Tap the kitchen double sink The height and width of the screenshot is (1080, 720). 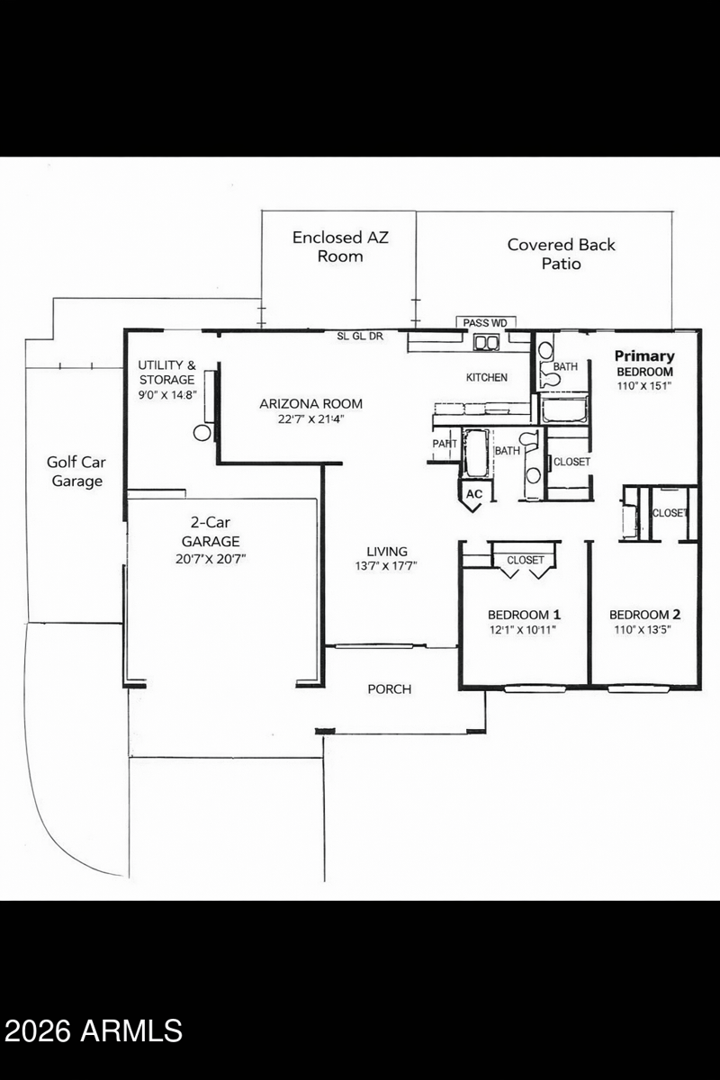click(x=488, y=342)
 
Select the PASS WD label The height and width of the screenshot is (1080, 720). click(x=485, y=323)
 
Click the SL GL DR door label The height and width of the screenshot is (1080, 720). click(x=360, y=337)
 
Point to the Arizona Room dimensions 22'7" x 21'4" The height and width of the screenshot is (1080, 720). click(x=310, y=419)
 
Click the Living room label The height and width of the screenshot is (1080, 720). click(x=387, y=551)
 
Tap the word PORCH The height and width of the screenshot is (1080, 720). click(x=390, y=689)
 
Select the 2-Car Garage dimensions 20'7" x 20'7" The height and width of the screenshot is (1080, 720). click(x=211, y=559)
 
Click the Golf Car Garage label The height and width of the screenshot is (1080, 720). click(x=76, y=472)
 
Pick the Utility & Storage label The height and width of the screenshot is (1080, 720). click(x=166, y=373)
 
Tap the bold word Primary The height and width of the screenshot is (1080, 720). click(x=644, y=356)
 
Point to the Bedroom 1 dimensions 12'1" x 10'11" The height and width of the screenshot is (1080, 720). click(x=523, y=630)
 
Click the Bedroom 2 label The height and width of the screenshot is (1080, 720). click(x=644, y=615)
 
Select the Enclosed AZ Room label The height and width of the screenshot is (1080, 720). click(x=340, y=247)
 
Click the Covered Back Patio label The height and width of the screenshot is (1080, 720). click(x=562, y=254)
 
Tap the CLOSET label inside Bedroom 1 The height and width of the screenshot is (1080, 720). click(x=526, y=560)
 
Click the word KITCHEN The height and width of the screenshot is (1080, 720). click(x=487, y=377)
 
